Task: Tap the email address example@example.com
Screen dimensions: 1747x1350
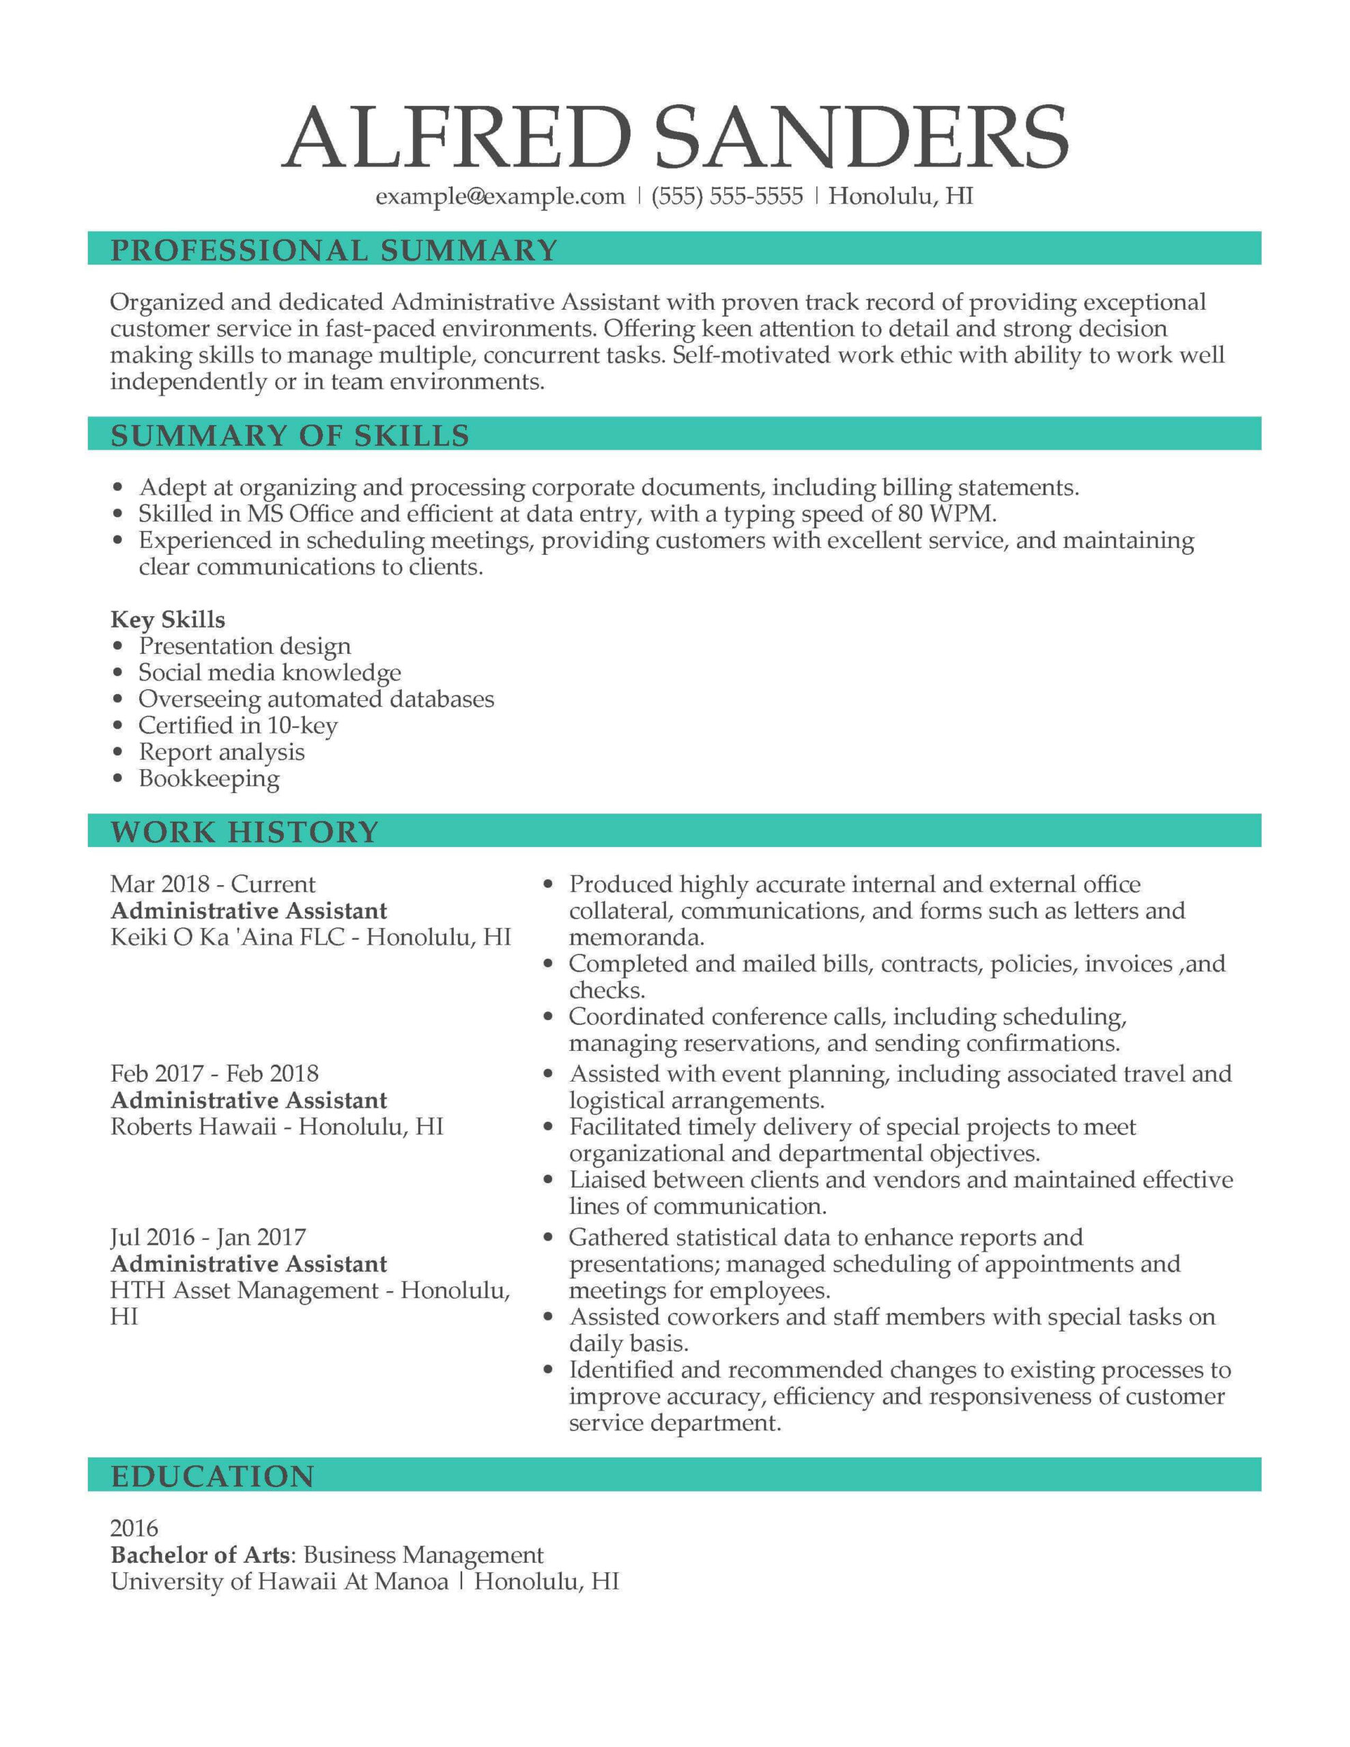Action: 500,196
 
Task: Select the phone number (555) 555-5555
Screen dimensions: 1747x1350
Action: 727,196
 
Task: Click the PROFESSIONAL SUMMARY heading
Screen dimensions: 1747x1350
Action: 334,250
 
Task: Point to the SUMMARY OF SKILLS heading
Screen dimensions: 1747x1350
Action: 289,435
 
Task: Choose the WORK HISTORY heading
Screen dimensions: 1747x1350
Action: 244,832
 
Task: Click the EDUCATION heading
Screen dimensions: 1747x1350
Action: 212,1476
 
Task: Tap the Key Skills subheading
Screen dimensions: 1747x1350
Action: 167,619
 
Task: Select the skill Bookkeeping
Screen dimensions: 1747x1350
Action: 209,779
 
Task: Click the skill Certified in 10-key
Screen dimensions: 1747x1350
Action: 238,725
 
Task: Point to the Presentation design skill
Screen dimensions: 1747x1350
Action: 244,646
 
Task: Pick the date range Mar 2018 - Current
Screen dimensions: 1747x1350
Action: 212,884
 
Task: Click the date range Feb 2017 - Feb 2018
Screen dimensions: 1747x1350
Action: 214,1073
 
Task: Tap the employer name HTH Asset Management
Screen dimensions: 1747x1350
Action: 244,1290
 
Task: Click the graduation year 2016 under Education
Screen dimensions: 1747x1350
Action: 134,1529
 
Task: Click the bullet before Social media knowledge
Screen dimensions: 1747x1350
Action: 119,673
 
